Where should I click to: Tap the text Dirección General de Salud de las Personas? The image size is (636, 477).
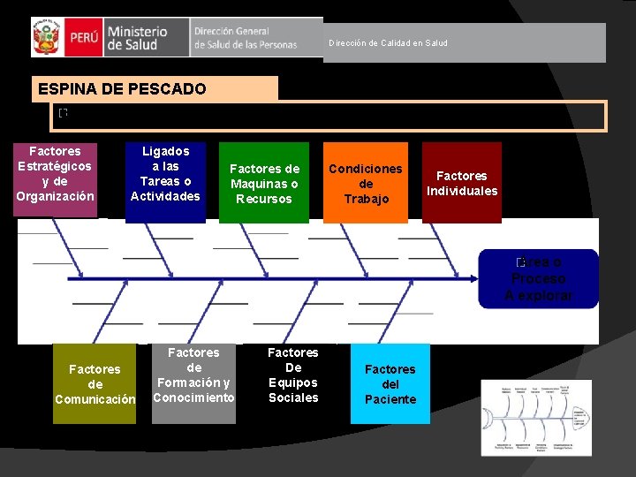tap(246, 38)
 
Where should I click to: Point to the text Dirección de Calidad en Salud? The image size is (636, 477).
tap(388, 42)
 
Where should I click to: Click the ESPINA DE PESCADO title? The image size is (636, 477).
tap(122, 89)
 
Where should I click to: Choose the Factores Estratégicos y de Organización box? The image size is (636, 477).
tap(55, 174)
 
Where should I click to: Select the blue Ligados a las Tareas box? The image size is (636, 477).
tap(165, 174)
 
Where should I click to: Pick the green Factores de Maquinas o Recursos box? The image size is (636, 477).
tap(264, 183)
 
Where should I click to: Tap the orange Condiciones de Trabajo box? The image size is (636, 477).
tap(366, 183)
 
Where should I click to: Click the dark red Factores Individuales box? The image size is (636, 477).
tap(462, 183)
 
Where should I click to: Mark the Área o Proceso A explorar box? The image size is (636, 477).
tap(538, 278)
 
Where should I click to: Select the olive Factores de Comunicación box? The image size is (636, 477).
tap(95, 384)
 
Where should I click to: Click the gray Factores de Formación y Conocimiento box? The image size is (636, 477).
tap(193, 375)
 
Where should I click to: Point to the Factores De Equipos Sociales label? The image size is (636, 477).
tap(293, 375)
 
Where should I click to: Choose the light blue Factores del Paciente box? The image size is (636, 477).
tap(390, 384)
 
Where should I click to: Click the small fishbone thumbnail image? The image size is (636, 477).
tap(536, 417)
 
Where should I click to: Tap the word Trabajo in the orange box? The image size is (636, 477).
tap(366, 199)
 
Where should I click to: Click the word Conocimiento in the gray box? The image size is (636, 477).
tap(193, 397)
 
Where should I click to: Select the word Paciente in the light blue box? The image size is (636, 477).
tap(390, 399)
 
